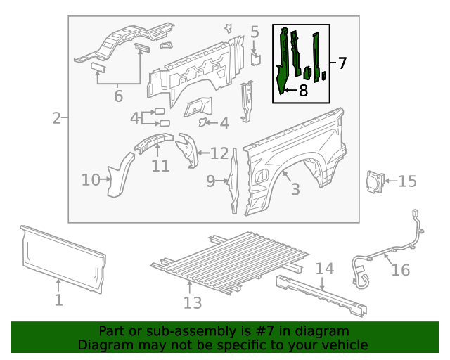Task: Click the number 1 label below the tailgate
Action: point(59,300)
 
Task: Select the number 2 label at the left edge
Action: point(56,117)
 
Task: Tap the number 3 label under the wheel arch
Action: point(295,188)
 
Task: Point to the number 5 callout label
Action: point(255,32)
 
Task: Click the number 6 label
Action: point(118,96)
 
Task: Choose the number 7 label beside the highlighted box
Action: point(342,63)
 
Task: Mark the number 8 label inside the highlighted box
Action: point(303,90)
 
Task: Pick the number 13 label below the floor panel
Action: point(192,302)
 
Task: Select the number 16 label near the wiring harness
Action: point(400,270)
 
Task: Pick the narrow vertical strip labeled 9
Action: point(233,183)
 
